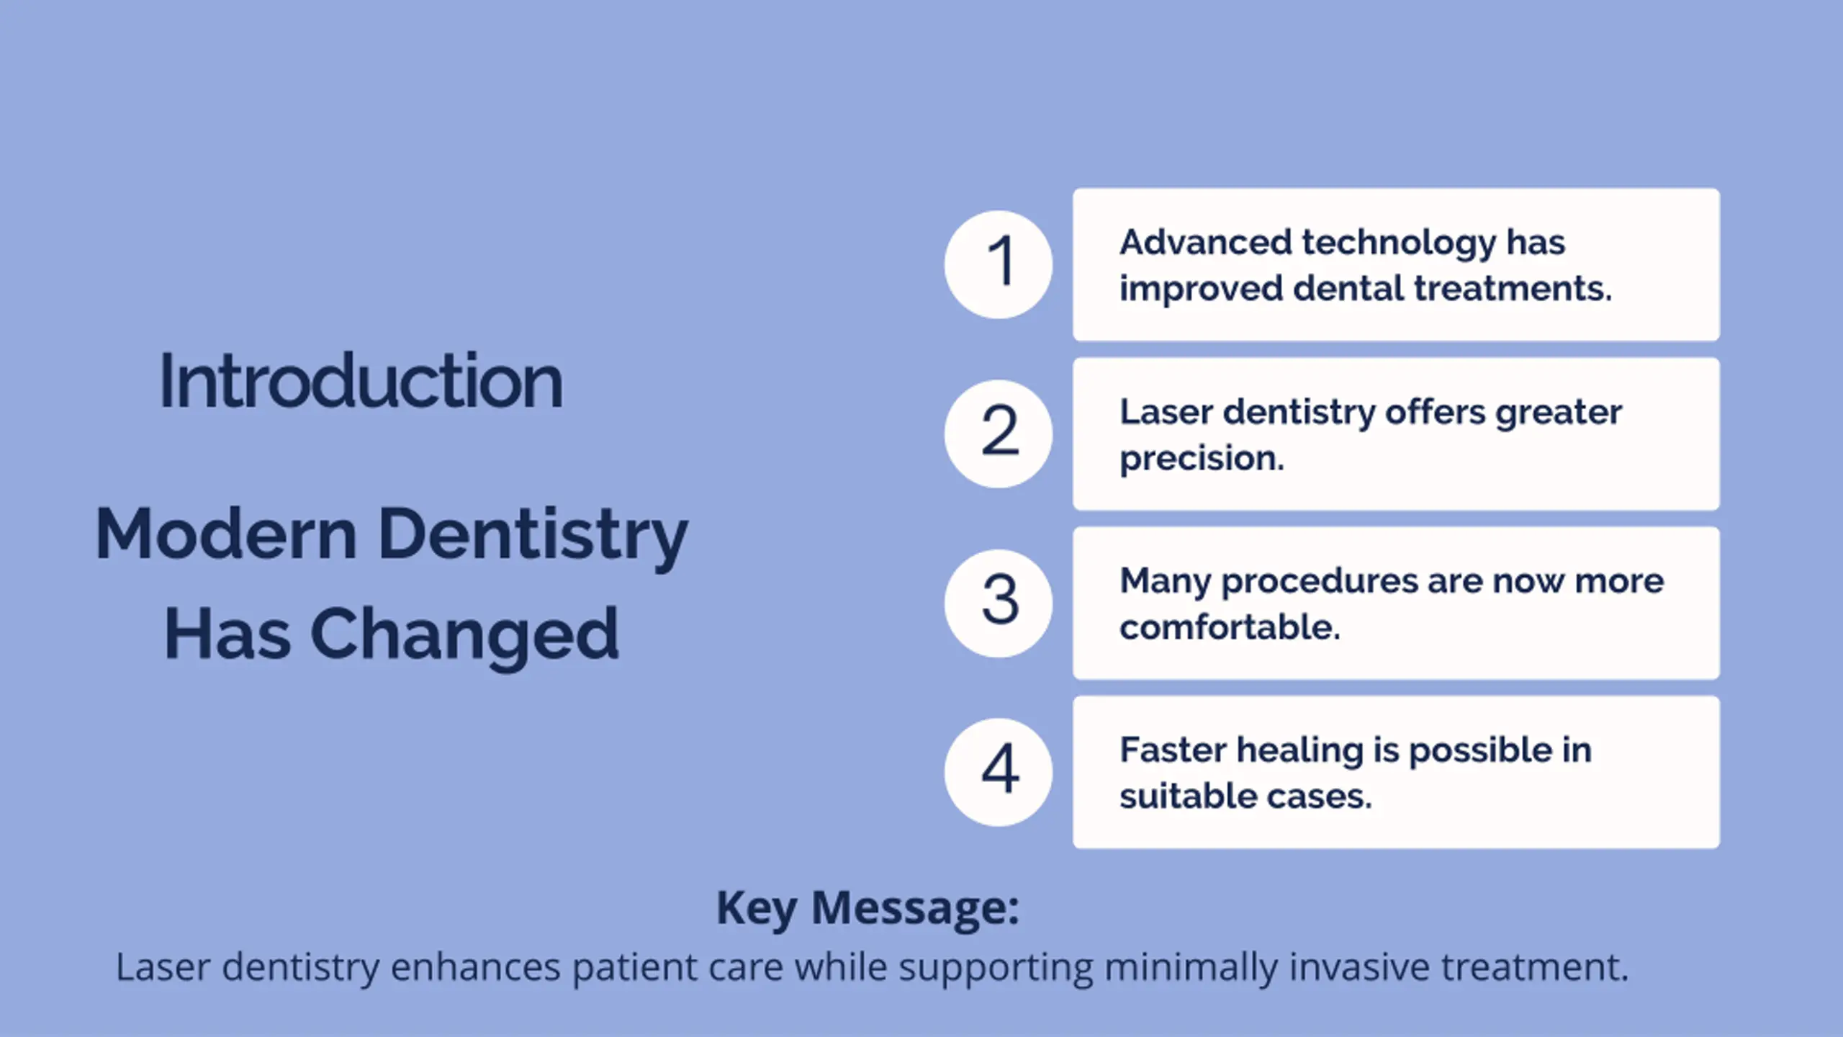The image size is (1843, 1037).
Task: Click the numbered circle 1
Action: [x=998, y=264]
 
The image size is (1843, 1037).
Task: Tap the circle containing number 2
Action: [x=998, y=434]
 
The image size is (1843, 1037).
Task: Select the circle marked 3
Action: [x=998, y=603]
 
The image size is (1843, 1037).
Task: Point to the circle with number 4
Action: [x=998, y=772]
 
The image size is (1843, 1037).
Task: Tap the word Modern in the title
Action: [x=226, y=534]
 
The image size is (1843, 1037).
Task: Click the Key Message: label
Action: [x=868, y=909]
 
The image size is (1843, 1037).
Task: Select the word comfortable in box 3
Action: [x=1230, y=627]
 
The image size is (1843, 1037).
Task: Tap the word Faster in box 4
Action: [x=1173, y=750]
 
